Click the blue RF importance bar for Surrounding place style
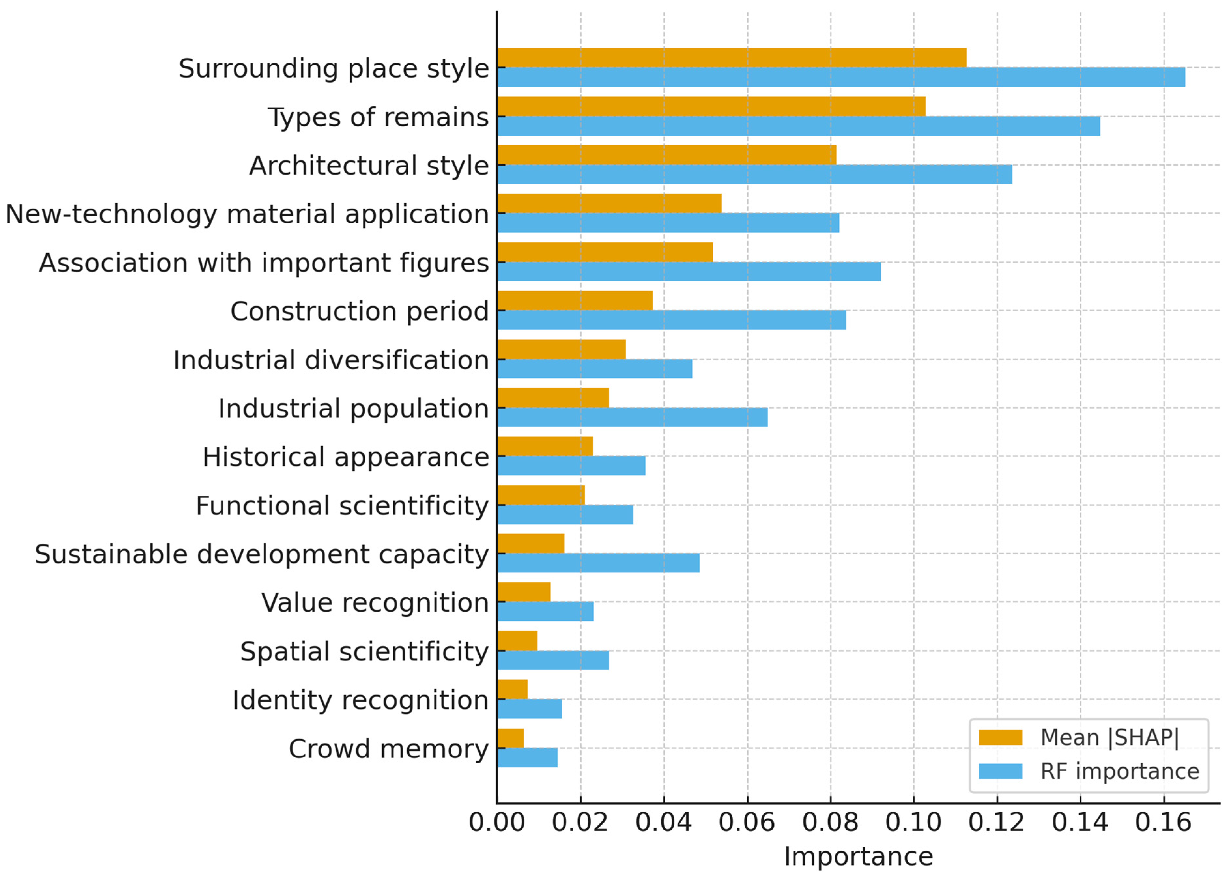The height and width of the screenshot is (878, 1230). tap(840, 77)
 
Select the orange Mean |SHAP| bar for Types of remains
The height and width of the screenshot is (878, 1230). tap(711, 107)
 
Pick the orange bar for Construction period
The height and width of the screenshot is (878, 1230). tap(575, 301)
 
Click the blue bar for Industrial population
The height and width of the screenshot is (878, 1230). tap(632, 417)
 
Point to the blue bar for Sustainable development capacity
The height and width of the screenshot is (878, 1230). tap(598, 563)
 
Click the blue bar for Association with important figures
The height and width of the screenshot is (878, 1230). tap(689, 271)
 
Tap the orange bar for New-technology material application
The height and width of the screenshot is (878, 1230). tap(609, 203)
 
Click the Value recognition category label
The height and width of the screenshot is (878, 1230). tap(375, 602)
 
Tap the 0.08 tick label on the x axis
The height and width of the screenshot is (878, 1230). tap(830, 822)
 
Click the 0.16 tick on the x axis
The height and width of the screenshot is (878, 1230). tap(1163, 822)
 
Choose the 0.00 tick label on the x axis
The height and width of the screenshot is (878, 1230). tap(497, 822)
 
